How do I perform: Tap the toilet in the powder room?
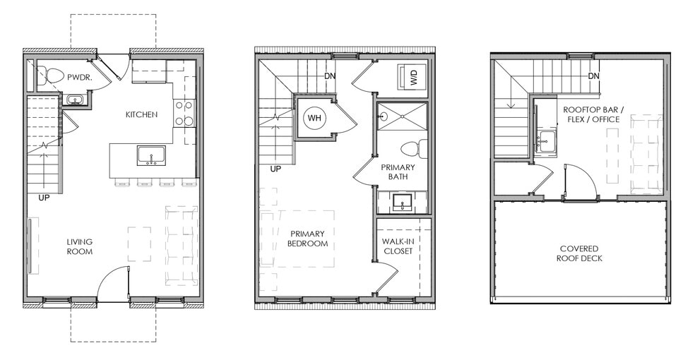point(49,76)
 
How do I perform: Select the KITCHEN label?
point(141,114)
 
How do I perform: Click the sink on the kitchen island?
point(151,155)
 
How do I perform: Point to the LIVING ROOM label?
point(80,246)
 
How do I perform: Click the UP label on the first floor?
point(44,198)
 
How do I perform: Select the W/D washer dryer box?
point(411,77)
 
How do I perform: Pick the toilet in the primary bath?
point(412,149)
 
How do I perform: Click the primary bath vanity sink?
point(402,203)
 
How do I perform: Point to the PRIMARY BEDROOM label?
point(308,239)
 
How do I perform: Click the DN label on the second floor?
point(329,76)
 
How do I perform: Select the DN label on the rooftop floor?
point(593,76)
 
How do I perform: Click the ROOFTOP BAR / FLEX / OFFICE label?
point(591,114)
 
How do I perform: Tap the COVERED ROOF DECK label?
point(579,253)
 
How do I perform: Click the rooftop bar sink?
point(545,139)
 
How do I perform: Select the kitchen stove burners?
point(184,113)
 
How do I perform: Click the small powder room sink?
point(74,100)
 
